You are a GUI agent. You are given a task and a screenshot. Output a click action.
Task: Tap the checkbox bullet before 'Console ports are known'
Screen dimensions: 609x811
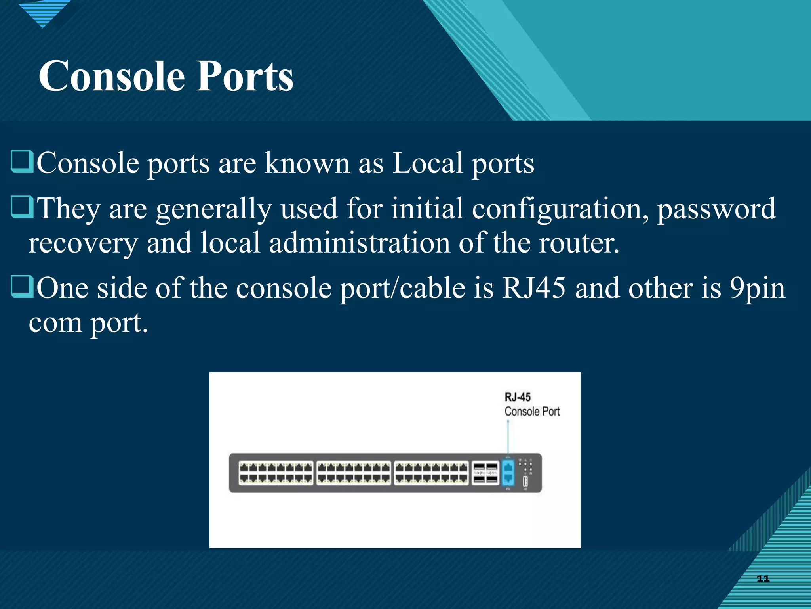22,162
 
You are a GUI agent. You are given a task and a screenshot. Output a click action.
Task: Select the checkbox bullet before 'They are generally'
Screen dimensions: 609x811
22,207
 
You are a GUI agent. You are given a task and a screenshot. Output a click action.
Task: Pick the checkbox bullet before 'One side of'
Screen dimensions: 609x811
22,287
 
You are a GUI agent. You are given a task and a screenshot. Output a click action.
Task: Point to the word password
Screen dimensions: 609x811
716,209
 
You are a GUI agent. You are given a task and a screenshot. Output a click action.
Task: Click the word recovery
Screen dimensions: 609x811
83,243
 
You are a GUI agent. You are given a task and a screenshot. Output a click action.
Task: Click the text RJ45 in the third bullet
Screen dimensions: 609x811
534,288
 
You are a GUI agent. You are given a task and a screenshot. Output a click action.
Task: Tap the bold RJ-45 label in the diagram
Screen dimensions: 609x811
517,397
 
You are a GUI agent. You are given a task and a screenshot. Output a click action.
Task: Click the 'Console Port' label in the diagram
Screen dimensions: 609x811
532,412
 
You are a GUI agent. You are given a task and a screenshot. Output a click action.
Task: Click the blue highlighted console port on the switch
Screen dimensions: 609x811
508,473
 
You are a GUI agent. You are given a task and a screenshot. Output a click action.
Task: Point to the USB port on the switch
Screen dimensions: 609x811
525,481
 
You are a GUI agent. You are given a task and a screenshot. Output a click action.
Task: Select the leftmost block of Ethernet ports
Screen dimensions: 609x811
276,473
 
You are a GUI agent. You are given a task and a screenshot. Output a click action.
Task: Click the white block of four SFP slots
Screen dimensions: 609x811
485,473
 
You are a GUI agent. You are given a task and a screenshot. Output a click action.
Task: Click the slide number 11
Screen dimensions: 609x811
763,578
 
